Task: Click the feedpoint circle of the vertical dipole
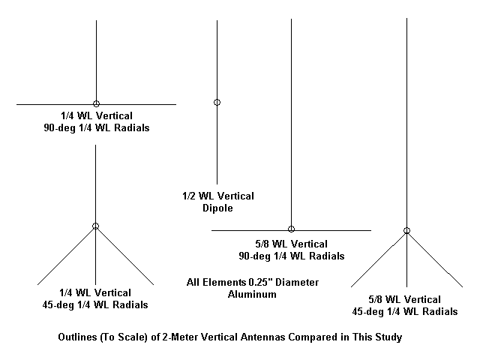217,102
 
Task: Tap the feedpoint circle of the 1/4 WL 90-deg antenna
96,103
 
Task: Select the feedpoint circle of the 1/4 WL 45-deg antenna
95,226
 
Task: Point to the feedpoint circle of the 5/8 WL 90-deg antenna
291,229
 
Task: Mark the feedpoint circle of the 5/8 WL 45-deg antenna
406,230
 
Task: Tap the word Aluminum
252,295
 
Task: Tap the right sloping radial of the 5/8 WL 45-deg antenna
435,259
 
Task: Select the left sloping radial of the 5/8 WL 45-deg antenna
379,259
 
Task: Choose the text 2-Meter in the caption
183,337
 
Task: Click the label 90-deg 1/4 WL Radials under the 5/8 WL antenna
291,256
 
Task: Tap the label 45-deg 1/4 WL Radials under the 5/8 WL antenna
406,311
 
